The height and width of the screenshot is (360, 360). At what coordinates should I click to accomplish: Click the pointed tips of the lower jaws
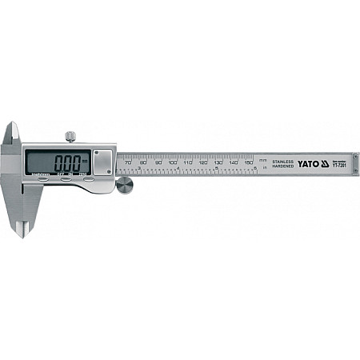pos(19,232)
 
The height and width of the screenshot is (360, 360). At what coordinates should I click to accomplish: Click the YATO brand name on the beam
pos(309,163)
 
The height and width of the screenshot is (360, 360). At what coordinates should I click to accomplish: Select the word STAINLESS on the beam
pos(284,161)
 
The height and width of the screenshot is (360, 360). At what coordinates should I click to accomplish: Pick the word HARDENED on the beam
pos(284,166)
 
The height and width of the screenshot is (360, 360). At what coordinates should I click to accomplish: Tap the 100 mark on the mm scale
pos(173,162)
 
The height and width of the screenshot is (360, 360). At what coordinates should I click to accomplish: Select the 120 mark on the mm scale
pos(202,162)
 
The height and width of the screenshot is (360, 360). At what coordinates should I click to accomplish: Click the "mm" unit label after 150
pos(263,160)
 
